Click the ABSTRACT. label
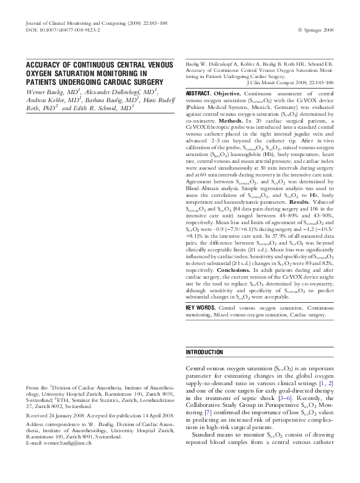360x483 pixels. click(x=201, y=93)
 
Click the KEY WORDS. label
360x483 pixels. click(x=201, y=307)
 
